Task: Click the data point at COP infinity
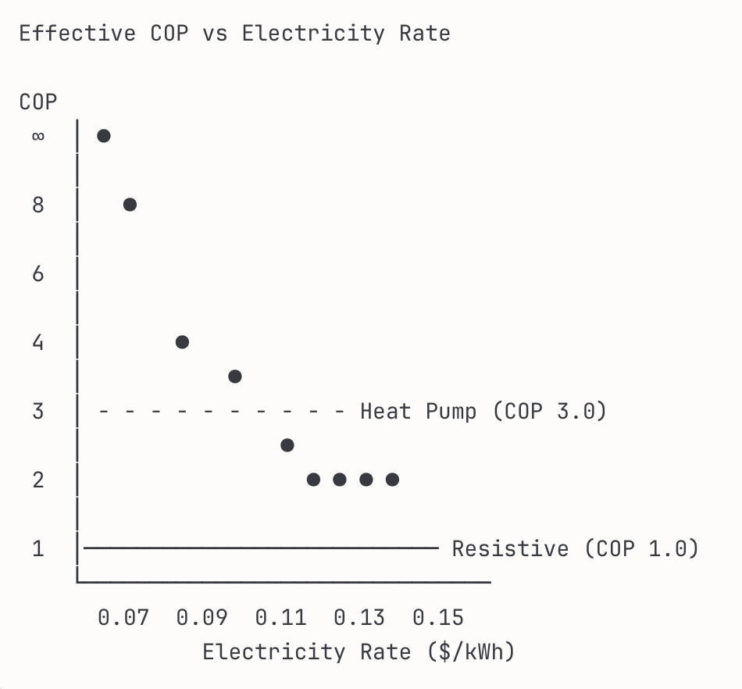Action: (104, 136)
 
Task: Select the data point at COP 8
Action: (130, 205)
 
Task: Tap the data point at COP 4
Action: (182, 342)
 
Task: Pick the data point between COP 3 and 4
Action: (234, 377)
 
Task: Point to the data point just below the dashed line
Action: (287, 445)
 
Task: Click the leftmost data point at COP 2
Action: (313, 480)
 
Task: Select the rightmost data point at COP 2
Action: (392, 480)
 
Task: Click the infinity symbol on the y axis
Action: (38, 137)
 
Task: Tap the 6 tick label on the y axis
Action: (38, 274)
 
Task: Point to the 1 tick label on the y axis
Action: (38, 549)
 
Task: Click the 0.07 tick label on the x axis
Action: (123, 618)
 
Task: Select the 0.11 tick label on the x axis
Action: (281, 618)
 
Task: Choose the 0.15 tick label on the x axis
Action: (438, 618)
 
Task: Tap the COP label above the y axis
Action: (38, 102)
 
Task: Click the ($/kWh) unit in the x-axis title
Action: (471, 652)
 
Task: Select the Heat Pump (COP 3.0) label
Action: (483, 411)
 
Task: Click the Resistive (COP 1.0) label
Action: (575, 548)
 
